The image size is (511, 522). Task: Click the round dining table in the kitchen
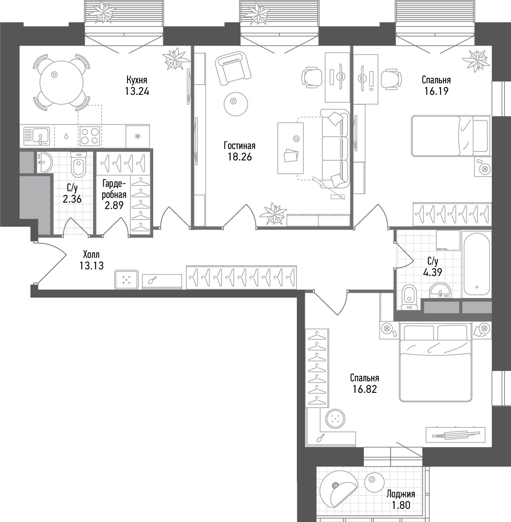62,83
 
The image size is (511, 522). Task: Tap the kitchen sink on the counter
37,136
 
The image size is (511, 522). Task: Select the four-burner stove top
90,136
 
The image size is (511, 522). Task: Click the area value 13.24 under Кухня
137,91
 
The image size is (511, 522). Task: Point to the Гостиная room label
239,146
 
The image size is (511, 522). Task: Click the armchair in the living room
233,68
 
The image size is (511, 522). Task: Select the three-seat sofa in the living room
335,149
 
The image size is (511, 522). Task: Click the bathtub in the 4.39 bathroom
477,264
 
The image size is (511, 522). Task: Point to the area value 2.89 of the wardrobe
114,205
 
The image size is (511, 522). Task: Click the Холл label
91,254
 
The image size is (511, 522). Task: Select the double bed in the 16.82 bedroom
435,362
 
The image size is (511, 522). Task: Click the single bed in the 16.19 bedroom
451,136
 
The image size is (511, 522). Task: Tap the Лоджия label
401,494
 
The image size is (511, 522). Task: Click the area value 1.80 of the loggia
401,505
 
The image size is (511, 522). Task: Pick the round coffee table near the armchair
236,104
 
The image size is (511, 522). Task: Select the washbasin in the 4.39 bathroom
440,290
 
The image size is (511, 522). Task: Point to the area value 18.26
240,157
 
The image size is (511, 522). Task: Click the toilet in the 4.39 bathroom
409,298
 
